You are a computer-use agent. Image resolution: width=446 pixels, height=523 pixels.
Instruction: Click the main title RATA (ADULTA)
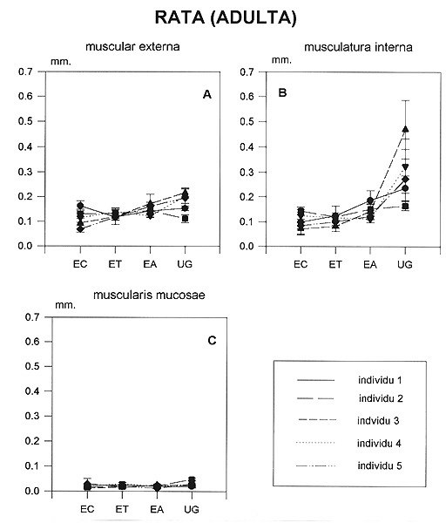pos(226,17)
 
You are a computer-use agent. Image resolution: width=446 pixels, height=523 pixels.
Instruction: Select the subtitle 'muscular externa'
pos(132,46)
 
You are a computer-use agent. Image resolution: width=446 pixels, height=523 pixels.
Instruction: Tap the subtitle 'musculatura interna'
pos(358,47)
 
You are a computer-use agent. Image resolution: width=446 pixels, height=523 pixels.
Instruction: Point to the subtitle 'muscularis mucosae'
pos(149,295)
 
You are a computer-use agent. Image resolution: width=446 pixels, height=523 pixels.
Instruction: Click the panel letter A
pos(207,95)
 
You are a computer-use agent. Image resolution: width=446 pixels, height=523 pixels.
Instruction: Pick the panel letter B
pos(282,92)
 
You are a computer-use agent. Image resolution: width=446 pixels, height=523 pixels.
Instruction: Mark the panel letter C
pos(212,341)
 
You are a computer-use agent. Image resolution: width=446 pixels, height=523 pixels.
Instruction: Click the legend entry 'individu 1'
pos(380,380)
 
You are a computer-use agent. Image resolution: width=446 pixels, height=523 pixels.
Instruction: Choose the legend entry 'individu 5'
pos(380,465)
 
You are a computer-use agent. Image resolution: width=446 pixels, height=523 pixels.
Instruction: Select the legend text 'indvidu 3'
pos(378,421)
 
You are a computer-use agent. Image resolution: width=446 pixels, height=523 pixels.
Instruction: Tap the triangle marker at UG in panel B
pos(405,129)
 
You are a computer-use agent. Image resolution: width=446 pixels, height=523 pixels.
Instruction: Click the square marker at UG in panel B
pos(405,206)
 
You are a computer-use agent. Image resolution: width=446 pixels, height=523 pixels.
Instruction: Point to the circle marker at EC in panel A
pos(80,206)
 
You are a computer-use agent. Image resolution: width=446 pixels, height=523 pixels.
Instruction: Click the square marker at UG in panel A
pos(185,219)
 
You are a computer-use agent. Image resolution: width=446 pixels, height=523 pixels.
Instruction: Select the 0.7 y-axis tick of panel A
pos(25,71)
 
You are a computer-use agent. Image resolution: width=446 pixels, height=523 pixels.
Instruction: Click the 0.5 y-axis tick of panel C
pos(32,366)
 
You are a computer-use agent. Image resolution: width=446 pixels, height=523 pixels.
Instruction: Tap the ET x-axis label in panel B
pos(335,264)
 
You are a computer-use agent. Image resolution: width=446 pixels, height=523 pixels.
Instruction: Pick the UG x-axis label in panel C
pos(192,509)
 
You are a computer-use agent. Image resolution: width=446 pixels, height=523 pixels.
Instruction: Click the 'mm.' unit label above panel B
pos(281,60)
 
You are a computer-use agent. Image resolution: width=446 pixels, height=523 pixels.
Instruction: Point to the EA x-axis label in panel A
pos(150,264)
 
